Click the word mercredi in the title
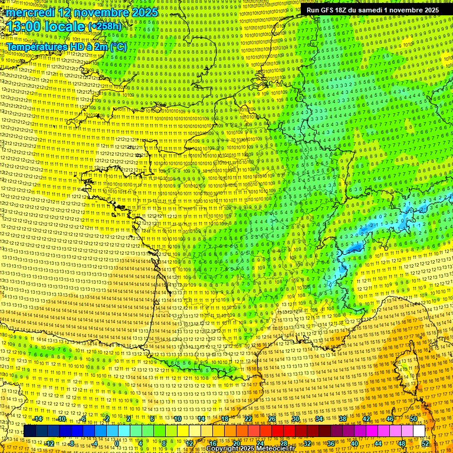pyautogui.click(x=31, y=12)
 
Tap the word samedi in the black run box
pyautogui.click(x=379, y=10)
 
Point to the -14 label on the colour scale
pyautogui.click(x=38, y=419)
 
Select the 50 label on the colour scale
pyautogui.click(x=413, y=419)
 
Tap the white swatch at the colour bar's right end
pyautogui.click(x=419, y=431)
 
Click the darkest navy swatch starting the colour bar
pyautogui.click(x=29, y=431)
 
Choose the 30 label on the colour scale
pyautogui.click(x=295, y=419)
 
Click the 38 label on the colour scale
pyautogui.click(x=342, y=419)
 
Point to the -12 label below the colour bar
pyautogui.click(x=50, y=444)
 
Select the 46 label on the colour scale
pyautogui.click(x=389, y=419)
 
